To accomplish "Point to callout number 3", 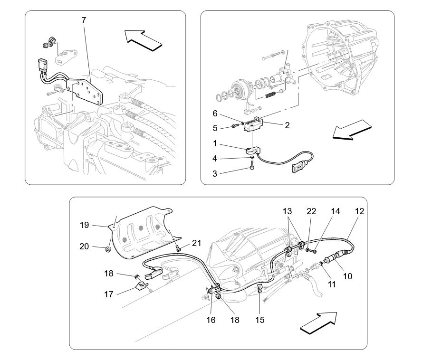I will click(x=214, y=174).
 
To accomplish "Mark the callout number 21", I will click(x=196, y=243).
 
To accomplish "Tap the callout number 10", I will click(x=347, y=275).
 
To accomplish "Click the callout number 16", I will click(x=211, y=320).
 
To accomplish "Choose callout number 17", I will click(x=109, y=294).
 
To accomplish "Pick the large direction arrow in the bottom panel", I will click(x=319, y=323).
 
